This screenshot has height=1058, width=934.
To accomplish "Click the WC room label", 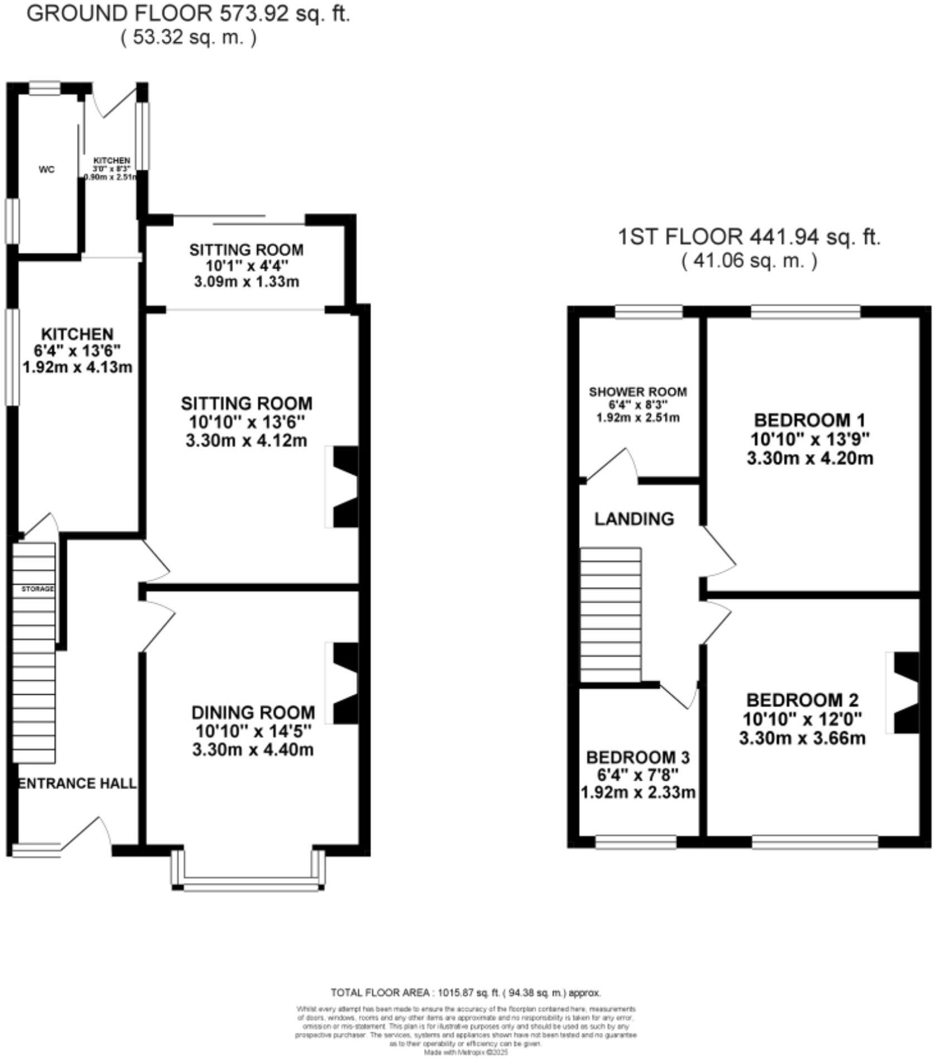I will pos(47,170).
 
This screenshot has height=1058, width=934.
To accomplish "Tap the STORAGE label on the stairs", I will pos(38,589).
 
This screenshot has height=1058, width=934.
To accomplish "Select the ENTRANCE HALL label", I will pos(78,783).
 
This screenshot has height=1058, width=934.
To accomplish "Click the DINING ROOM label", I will pos(253,713).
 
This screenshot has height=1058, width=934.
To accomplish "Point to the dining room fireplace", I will pos(344,684).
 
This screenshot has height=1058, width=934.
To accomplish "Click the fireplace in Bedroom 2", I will pos(905,692).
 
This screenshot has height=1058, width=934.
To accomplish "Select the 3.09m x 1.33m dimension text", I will pos(246,282).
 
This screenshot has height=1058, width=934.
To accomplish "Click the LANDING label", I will pos(634,519).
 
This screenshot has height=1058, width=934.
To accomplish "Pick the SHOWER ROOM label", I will pos(638,392).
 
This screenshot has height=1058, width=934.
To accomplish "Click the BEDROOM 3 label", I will pos(638,757).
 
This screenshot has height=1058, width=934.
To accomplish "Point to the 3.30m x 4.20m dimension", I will pos(810,459).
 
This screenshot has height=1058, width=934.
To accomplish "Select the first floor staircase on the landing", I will pos(611,614).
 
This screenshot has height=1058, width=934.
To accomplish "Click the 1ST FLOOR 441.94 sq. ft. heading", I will pos(749,237).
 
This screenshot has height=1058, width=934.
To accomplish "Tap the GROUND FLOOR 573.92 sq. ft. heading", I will pos(188,13).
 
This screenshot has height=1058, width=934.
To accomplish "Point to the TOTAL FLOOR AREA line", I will pos(466,993).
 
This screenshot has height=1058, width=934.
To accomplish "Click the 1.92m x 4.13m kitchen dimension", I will pos(78,367).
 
